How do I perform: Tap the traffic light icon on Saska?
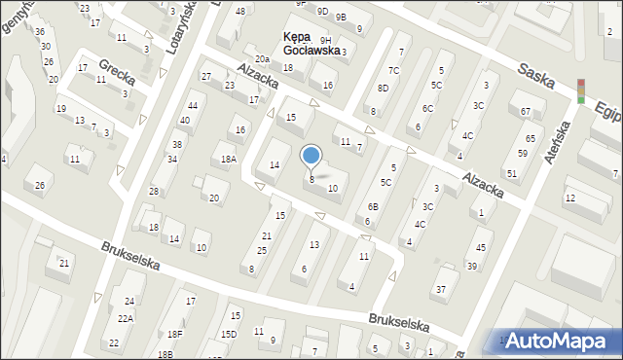[x=582, y=90]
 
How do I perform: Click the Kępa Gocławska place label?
[x=298, y=43]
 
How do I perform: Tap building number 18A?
[x=229, y=159]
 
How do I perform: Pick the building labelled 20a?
[x=263, y=59]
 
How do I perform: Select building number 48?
[x=240, y=11]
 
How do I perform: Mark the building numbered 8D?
[x=384, y=89]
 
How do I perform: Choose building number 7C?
[x=393, y=70]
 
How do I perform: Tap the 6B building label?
[x=373, y=206]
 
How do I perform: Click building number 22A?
[x=126, y=318]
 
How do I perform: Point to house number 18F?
[x=174, y=334]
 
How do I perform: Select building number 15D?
[x=229, y=334]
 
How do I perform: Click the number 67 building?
[x=526, y=112]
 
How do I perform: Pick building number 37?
[x=440, y=289]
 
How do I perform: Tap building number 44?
[x=193, y=105]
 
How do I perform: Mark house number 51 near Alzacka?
[x=511, y=174]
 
